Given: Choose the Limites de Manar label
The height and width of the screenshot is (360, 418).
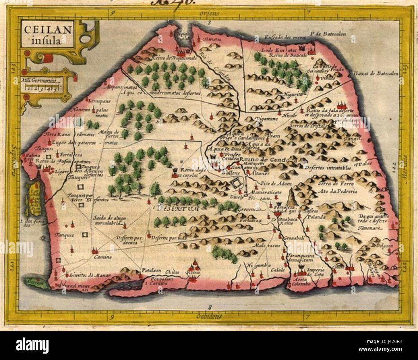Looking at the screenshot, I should coord(90,275).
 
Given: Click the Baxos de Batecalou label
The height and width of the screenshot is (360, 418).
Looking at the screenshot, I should coord(376,73).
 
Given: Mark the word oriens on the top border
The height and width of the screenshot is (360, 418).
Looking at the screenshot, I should coord(208,13).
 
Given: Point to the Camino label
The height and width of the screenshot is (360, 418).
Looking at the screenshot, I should coord(103,257).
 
